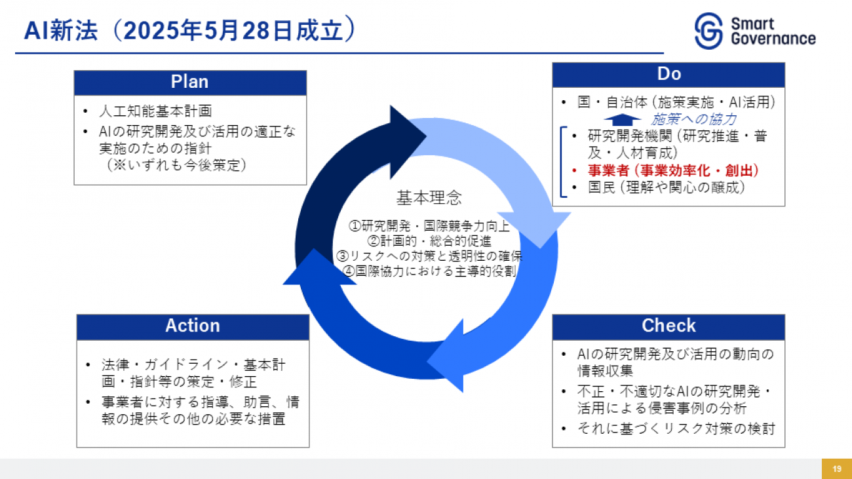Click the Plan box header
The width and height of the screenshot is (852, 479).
[189, 82]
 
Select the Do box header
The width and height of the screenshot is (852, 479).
[668, 75]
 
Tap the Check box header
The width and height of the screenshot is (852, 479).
[668, 326]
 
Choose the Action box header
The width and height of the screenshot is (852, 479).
[193, 326]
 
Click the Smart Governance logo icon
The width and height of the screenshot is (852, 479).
[709, 32]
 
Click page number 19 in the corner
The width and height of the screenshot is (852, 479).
[837, 469]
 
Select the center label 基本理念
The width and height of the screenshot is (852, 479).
[429, 197]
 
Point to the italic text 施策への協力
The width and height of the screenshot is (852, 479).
[694, 119]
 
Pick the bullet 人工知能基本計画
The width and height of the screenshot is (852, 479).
[155, 111]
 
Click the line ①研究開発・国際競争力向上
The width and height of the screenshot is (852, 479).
[429, 226]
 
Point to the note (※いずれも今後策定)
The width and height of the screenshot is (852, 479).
[177, 165]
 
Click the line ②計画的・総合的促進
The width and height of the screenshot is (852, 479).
[429, 240]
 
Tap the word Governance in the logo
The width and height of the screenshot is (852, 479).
[773, 39]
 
